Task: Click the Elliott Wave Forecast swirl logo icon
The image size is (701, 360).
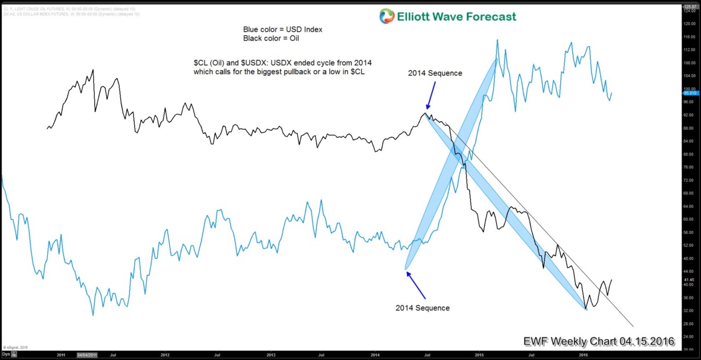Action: (x=387, y=16)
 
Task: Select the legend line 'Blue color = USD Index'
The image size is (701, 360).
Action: (x=283, y=30)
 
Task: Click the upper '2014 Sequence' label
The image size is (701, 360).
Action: (x=435, y=73)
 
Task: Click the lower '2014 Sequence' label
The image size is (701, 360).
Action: (x=422, y=308)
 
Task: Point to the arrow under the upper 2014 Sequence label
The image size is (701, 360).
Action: (x=430, y=96)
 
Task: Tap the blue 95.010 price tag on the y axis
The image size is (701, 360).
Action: (x=689, y=93)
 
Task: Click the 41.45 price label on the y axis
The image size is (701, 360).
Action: (x=689, y=279)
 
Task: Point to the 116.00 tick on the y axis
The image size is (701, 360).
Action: (x=689, y=37)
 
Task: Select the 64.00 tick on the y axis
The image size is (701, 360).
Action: (x=689, y=206)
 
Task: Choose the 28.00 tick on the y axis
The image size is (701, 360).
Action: (x=689, y=323)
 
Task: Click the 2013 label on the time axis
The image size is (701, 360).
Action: (x=271, y=355)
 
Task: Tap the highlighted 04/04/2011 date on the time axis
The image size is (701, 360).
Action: (x=88, y=355)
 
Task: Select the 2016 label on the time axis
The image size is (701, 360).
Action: (x=584, y=355)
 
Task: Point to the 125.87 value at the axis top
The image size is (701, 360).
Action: (x=689, y=7)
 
